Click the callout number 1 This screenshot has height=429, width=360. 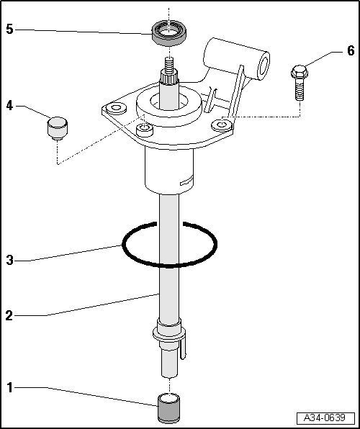click(9, 388)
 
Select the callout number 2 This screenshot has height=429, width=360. click(9, 314)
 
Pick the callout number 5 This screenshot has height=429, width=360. click(9, 30)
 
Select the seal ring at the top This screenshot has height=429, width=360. click(170, 32)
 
